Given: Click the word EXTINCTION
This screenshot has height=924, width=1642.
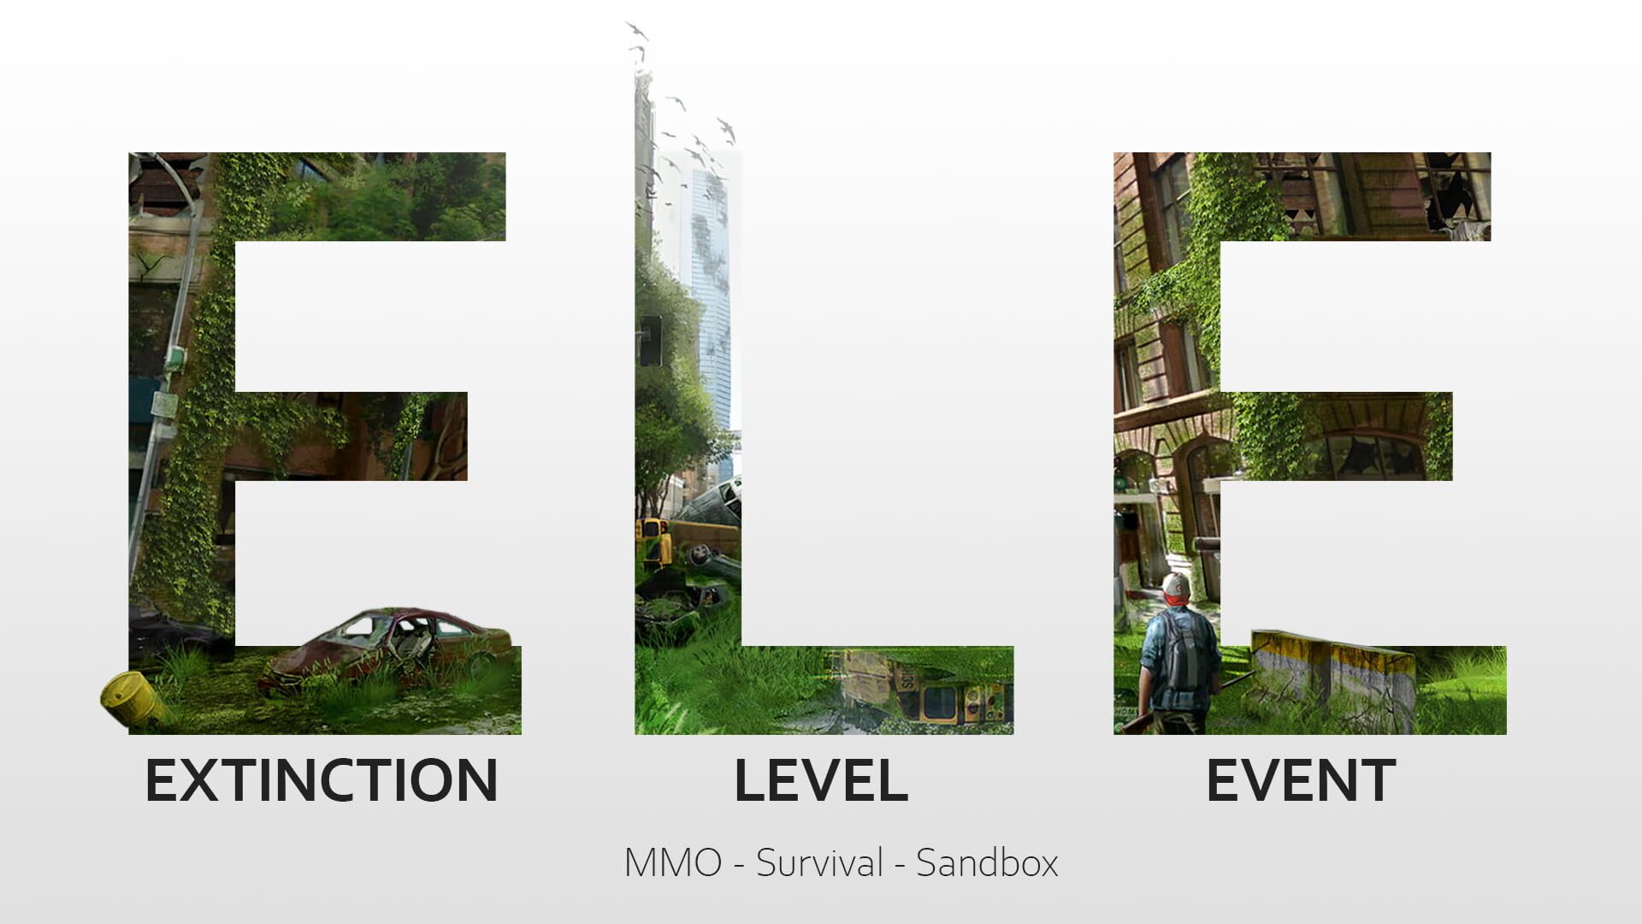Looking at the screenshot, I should coord(322,780).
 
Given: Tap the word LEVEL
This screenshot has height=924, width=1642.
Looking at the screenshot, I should coord(820,780).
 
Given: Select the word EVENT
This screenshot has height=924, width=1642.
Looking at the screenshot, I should coord(1300,780).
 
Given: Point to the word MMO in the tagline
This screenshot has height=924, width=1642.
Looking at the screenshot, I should coord(673,862).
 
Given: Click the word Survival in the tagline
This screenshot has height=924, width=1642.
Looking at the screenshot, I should coord(818,862).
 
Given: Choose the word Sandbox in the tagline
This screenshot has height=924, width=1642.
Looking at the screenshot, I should coord(987,862).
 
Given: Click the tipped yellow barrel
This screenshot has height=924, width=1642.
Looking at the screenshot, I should coord(128,697).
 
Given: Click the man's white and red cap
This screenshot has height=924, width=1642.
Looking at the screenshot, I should coord(1175,587).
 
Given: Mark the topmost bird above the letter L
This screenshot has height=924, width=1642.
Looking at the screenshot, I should coord(634,30).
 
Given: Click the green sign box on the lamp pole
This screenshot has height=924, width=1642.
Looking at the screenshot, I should coord(175,358).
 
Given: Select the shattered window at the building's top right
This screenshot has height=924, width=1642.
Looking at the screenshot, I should coord(1454,192).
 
